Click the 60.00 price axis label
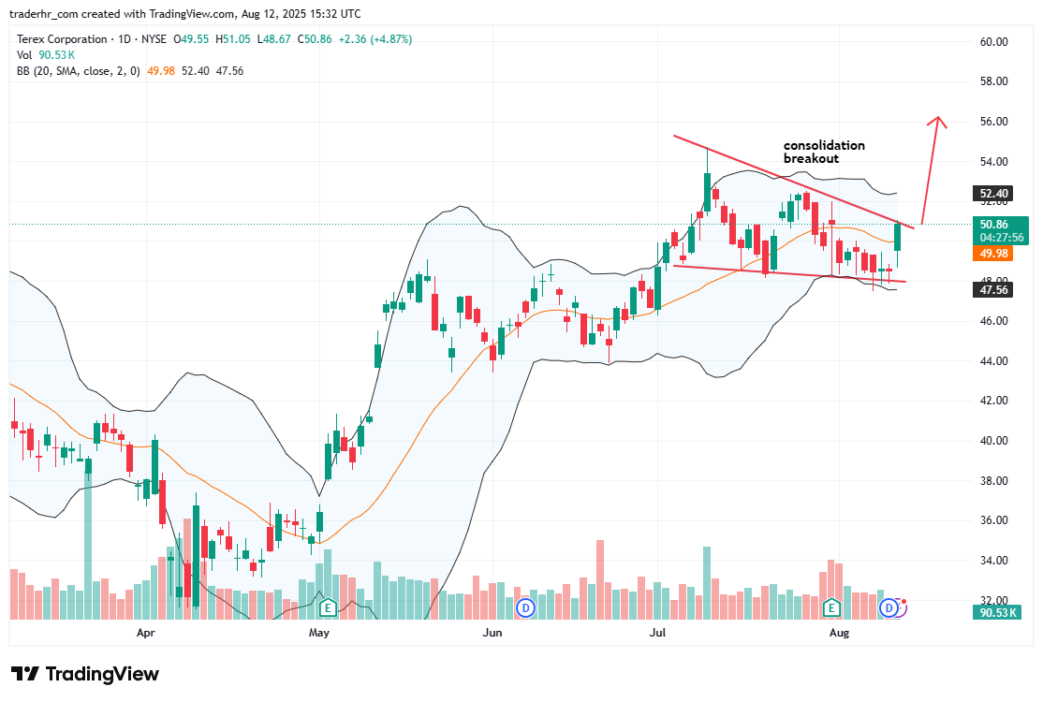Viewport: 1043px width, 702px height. click(993, 42)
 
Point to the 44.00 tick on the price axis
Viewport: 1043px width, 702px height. click(993, 361)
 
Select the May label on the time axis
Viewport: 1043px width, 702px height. click(319, 633)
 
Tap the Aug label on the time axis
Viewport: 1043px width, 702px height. click(839, 633)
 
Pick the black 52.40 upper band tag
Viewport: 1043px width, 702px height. click(993, 195)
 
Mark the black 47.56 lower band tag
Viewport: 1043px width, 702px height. click(993, 291)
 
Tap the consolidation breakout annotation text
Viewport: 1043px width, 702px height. click(824, 152)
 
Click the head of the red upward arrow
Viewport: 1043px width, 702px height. click(939, 120)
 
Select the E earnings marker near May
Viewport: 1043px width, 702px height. click(328, 608)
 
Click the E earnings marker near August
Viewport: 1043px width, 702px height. click(830, 608)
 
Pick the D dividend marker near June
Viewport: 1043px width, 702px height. click(526, 608)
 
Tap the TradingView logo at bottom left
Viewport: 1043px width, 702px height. click(85, 674)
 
